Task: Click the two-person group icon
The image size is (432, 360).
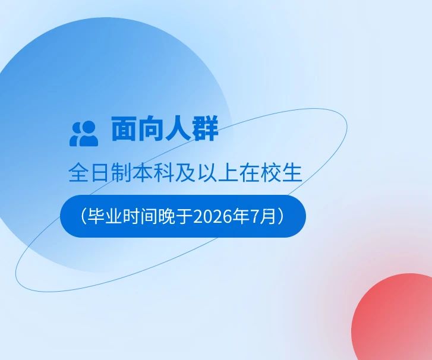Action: point(84,134)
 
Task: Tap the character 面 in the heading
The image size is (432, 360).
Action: point(124,129)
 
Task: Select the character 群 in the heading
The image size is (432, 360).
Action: point(206,129)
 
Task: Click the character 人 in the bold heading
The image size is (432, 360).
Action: point(178,129)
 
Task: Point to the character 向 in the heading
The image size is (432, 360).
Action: point(152,129)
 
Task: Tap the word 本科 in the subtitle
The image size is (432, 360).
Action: point(153,173)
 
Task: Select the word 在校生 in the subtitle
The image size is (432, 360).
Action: point(270,173)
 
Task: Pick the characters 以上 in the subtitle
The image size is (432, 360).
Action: point(217,173)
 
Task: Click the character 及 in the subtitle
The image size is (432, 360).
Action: point(185,173)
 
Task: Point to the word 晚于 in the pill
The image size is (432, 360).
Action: point(175,216)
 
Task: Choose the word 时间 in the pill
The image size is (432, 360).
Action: point(140,216)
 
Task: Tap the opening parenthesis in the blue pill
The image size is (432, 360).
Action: point(84,216)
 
